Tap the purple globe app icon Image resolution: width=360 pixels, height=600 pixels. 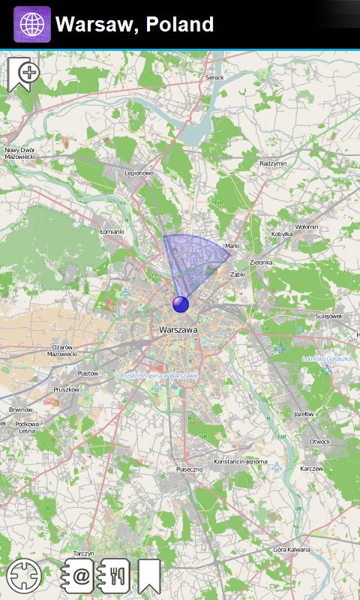[32, 24]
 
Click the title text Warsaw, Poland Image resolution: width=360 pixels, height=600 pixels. [135, 25]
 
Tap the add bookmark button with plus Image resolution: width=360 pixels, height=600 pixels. [23, 74]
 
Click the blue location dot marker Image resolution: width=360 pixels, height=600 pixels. [181, 304]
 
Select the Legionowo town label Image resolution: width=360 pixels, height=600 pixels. [139, 173]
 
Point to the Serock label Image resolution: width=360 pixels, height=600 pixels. [214, 77]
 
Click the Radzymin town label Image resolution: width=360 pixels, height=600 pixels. [273, 163]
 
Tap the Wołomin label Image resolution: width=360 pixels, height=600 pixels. [306, 226]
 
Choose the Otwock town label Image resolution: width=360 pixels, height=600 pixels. [319, 441]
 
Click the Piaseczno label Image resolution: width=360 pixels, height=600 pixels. [190, 469]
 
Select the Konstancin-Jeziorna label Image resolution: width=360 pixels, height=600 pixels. [241, 461]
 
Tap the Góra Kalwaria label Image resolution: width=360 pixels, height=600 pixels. [292, 550]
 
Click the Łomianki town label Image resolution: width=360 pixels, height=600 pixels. [112, 232]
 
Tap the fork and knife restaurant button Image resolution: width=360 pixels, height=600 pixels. [115, 576]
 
